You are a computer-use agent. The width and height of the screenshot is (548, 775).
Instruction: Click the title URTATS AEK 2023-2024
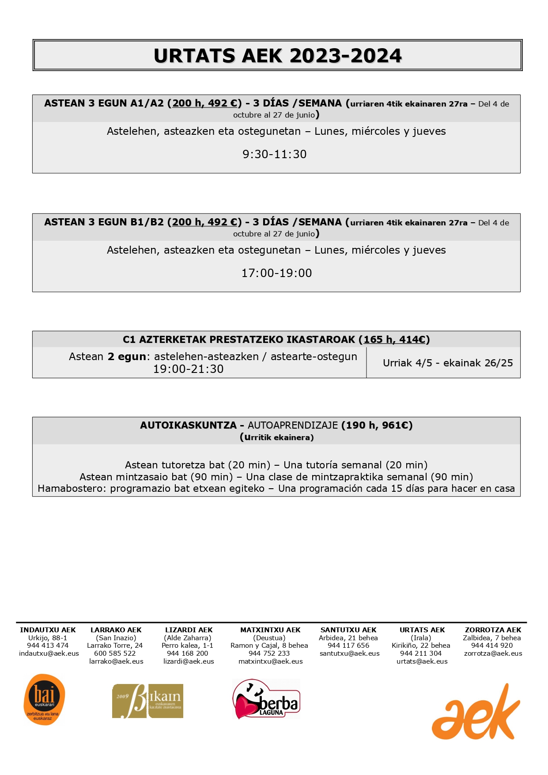tap(277, 56)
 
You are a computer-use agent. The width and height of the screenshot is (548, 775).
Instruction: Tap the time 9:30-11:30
tap(274, 154)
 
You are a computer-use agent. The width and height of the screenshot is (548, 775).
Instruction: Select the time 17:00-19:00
tap(276, 273)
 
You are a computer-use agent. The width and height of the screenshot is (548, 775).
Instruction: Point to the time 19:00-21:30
tap(188, 369)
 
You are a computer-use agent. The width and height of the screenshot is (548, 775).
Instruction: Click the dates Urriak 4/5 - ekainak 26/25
tap(447, 363)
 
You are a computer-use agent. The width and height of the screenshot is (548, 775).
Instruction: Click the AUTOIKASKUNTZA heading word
tap(188, 425)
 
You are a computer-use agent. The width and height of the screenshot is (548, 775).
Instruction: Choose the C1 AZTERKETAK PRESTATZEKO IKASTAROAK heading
tap(238, 340)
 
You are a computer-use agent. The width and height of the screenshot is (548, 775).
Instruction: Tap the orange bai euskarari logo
tap(44, 699)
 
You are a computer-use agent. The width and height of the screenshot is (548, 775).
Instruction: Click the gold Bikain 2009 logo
tap(147, 701)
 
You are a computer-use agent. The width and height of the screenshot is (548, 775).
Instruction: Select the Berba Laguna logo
tap(266, 699)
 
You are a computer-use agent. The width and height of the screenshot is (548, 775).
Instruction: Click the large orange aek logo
tap(476, 712)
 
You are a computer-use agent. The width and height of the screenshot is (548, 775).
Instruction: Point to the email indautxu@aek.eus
tap(49, 653)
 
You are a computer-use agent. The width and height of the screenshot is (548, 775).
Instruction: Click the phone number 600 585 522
tap(115, 653)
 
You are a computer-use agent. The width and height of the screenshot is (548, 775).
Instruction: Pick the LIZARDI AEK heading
tap(189, 630)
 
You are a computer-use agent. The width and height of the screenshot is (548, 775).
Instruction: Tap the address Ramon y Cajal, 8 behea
tap(269, 646)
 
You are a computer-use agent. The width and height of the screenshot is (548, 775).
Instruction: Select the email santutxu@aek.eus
tap(349, 653)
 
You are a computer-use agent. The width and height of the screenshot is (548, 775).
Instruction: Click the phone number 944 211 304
tap(420, 653)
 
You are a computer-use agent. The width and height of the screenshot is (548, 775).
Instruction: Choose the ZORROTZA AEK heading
tap(493, 630)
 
